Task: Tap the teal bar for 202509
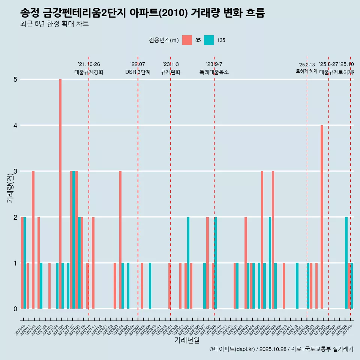click(346, 262)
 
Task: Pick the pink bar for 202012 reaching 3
click(33, 240)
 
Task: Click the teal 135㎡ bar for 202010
click(25, 262)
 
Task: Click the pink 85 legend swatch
click(187, 40)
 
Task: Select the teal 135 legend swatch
click(209, 40)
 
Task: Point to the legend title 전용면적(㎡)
click(164, 40)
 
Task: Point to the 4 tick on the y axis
click(15, 125)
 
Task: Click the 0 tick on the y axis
click(15, 309)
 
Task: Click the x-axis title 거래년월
click(187, 340)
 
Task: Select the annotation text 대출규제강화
click(89, 72)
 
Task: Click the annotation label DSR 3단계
click(138, 72)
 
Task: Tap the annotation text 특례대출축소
click(214, 72)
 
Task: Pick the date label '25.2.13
click(307, 64)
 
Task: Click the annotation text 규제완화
click(171, 72)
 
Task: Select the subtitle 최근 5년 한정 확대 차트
click(54, 24)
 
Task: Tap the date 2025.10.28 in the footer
click(273, 349)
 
